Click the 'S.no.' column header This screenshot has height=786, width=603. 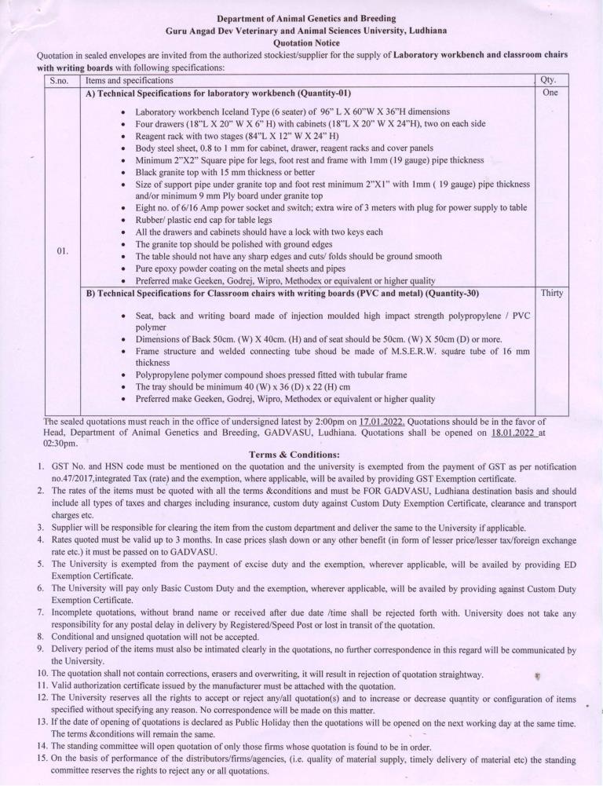[62, 80]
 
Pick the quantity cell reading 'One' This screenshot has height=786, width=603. [549, 93]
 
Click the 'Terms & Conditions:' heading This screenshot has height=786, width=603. [294, 454]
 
